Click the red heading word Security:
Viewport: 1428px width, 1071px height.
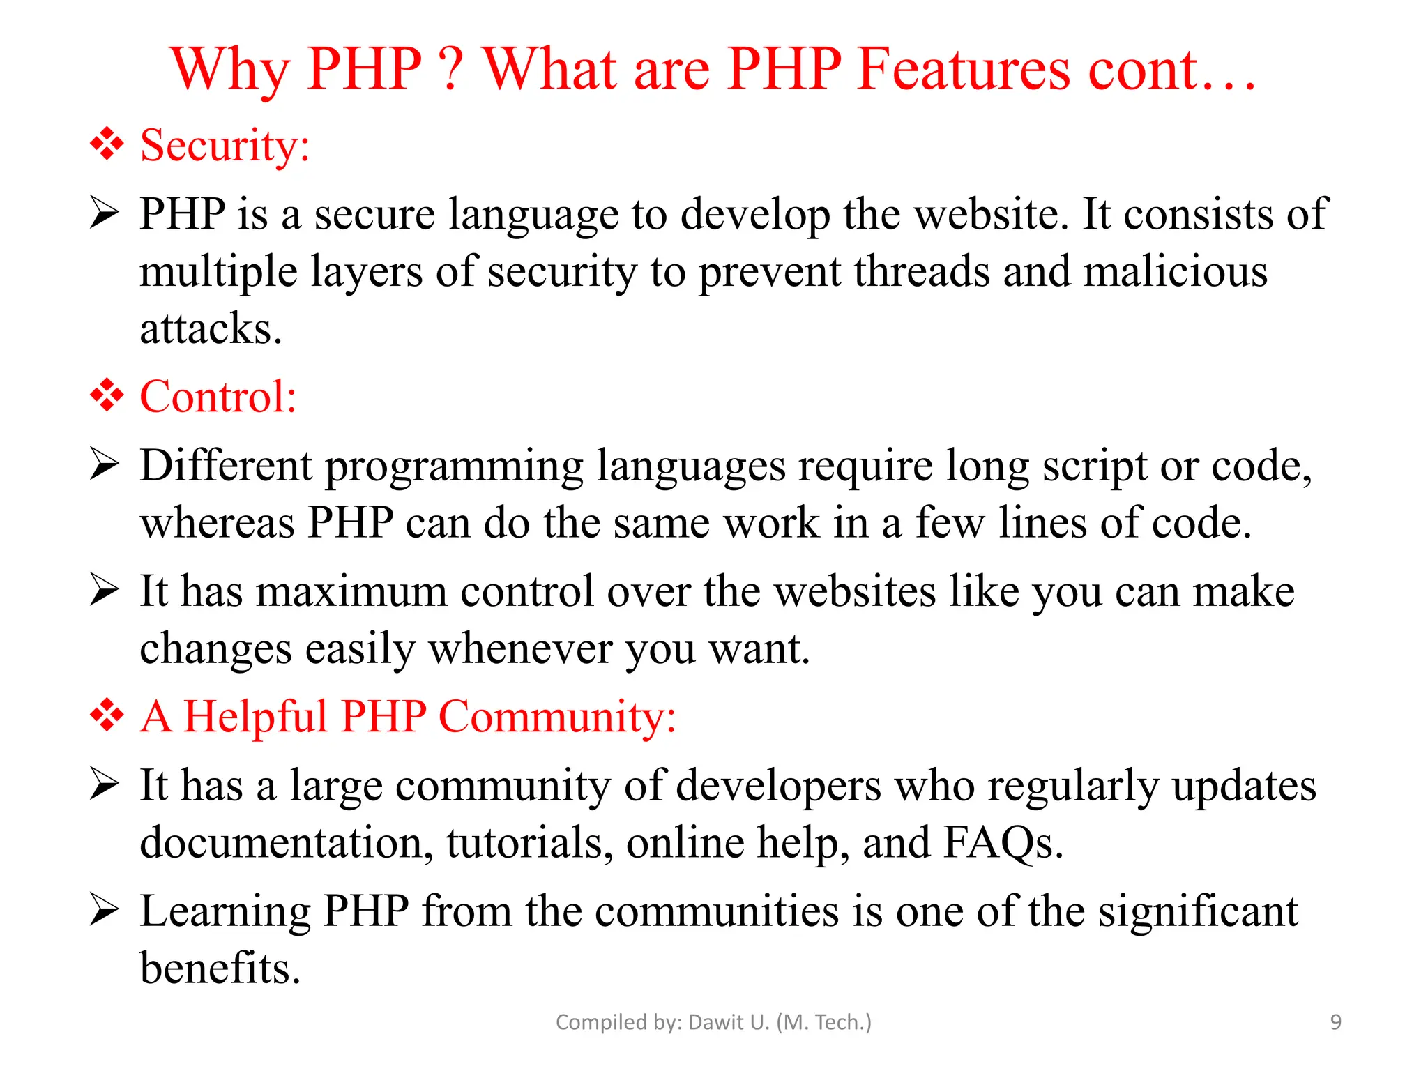(x=225, y=146)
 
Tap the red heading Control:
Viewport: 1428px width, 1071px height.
(x=218, y=397)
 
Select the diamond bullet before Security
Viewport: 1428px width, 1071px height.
(x=107, y=144)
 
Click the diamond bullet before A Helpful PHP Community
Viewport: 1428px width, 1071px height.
(x=107, y=715)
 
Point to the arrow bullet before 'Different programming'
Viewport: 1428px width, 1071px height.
(x=105, y=464)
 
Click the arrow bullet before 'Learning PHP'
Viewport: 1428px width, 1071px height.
(x=105, y=910)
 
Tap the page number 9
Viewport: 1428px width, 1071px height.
(x=1335, y=1022)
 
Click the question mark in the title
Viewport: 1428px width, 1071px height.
(x=452, y=69)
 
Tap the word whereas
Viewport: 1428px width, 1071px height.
(x=217, y=523)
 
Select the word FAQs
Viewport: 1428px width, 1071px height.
(x=1003, y=842)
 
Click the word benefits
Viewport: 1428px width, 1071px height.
(x=220, y=968)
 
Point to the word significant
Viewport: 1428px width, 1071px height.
(x=1198, y=911)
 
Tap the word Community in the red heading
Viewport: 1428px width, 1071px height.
(x=556, y=717)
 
